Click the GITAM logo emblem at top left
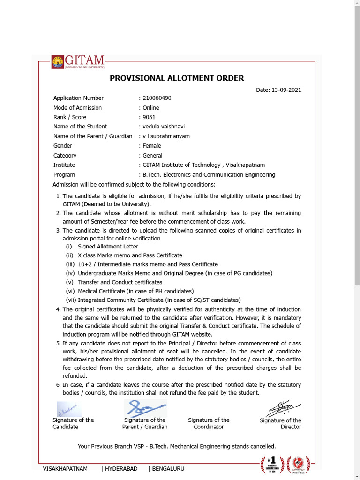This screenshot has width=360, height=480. click(58, 62)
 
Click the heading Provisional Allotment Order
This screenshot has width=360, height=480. click(177, 78)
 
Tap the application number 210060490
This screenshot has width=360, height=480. click(157, 98)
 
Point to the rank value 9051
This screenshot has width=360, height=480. click(149, 117)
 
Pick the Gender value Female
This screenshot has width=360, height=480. click(152, 146)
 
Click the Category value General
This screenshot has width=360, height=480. click(152, 156)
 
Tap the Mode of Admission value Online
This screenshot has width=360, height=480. click(151, 108)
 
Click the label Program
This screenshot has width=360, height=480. click(64, 175)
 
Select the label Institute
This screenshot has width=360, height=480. click(64, 165)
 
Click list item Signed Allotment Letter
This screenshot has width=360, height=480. click(108, 247)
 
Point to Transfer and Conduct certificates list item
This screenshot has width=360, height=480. click(120, 282)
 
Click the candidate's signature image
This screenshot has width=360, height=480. click(69, 409)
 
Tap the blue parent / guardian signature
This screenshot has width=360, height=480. click(145, 408)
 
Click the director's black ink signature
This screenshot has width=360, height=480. click(281, 408)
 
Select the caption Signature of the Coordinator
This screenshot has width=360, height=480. click(209, 423)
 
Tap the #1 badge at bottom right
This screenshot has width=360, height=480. click(272, 464)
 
